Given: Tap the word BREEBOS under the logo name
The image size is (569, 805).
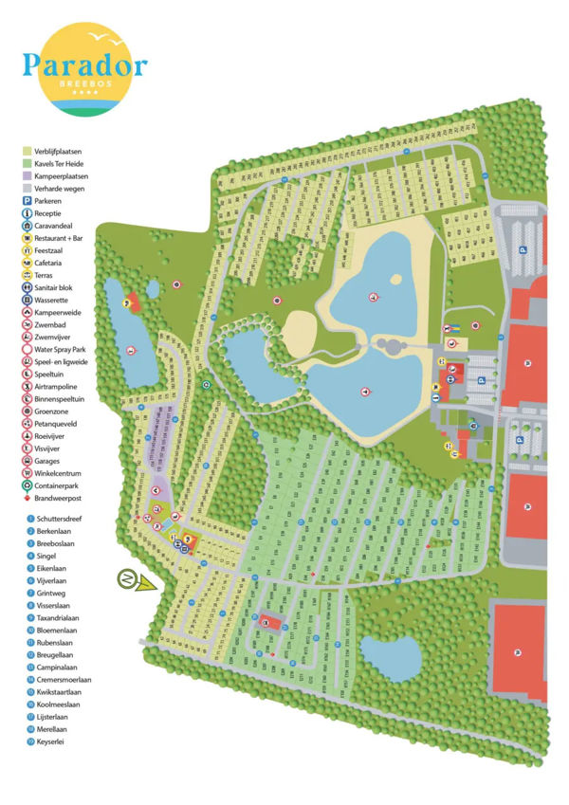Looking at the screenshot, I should (85, 83).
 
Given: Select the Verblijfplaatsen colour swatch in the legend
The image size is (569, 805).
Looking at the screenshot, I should (28, 151).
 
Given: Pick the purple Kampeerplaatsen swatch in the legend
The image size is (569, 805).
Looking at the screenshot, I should (28, 175).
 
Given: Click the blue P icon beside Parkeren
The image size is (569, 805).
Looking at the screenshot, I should (28, 201).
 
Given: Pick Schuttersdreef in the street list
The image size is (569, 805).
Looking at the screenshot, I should (62, 520).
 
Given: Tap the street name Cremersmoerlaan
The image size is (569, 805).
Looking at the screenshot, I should (64, 680).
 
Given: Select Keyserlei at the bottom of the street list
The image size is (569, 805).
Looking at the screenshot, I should (51, 741).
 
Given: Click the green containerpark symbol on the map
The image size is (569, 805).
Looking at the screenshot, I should (207, 385).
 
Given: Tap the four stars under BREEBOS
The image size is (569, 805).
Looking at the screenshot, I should (85, 93).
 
